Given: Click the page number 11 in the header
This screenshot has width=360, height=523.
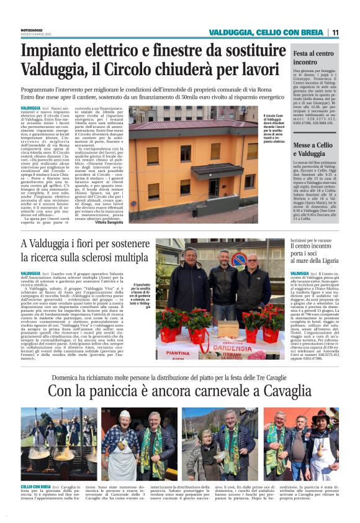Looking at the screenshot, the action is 335,32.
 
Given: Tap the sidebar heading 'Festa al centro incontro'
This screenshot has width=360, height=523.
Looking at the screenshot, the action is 313,58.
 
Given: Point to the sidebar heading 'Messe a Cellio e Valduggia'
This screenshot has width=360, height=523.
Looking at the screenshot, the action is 313,148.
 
